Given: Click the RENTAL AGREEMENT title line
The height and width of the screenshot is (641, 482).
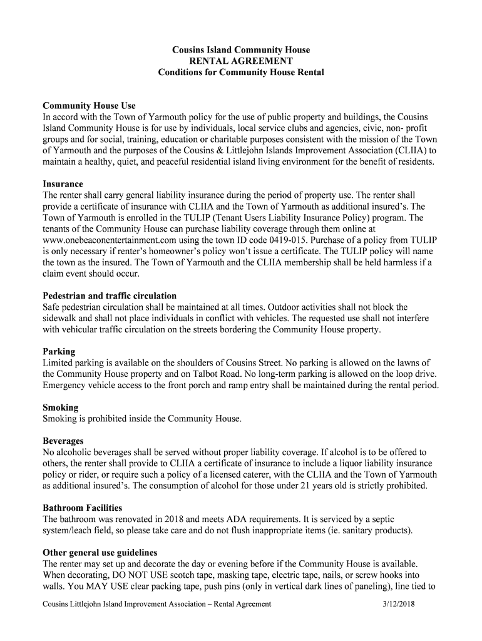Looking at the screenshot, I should click(x=241, y=61).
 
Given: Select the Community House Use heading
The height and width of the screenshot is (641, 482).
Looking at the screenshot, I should click(x=89, y=105).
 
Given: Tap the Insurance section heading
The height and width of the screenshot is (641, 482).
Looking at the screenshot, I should click(x=63, y=184).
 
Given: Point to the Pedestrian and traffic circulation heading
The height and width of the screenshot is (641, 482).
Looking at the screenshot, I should click(x=110, y=295).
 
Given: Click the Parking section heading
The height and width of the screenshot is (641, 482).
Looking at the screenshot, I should click(x=59, y=352).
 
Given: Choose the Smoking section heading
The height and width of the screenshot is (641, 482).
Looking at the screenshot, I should click(x=61, y=408).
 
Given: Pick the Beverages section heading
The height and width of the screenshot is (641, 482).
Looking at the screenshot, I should click(x=63, y=441).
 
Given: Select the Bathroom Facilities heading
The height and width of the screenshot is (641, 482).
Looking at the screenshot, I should click(x=82, y=508).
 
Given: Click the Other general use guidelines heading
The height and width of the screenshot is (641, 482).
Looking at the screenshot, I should click(x=100, y=553).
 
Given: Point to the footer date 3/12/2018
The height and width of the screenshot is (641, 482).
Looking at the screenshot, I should click(x=399, y=604).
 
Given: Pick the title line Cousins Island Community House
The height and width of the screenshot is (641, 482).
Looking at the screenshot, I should click(x=241, y=49).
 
